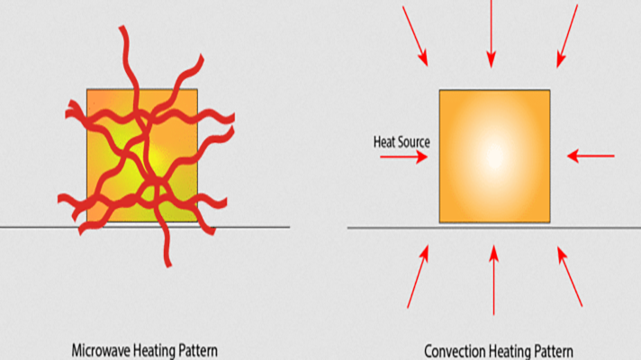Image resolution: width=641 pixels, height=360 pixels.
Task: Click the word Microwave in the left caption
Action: (x=102, y=349)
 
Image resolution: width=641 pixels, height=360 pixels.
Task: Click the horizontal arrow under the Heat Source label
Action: (x=403, y=157)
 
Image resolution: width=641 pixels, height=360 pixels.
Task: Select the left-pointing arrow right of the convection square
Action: (x=591, y=156)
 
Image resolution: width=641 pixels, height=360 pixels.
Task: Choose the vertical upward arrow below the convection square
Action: (x=493, y=278)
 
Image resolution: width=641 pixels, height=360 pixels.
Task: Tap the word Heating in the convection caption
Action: (x=510, y=351)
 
